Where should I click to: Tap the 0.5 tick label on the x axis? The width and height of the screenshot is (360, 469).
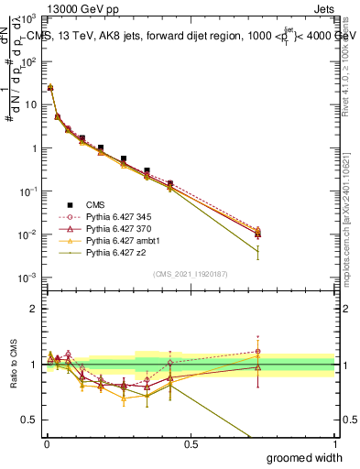pos(191,444)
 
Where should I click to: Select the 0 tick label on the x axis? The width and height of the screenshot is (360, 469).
pos(46,444)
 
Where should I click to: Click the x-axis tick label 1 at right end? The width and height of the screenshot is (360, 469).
pos(334,444)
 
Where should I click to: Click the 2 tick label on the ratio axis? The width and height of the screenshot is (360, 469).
pos(35,309)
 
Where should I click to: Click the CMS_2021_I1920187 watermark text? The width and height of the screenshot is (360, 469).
pos(191,273)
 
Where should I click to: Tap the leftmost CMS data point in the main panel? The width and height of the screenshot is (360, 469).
pos(50,88)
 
